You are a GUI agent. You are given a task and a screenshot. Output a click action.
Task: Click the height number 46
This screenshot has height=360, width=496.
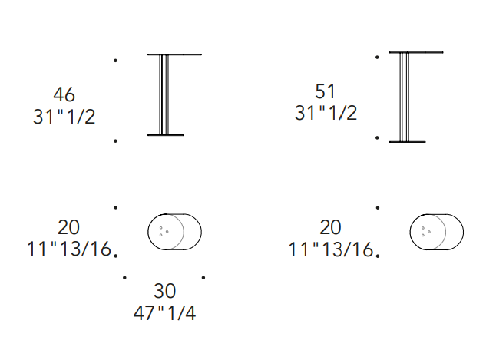point(64,94)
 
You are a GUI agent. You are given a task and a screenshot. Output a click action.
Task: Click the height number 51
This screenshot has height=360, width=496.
point(326,91)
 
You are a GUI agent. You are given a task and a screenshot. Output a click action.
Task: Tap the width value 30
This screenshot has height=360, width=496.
point(164,291)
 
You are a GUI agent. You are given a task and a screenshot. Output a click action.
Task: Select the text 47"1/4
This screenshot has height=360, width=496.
point(164,313)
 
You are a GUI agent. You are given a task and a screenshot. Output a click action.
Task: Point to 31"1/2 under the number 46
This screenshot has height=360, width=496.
point(64,116)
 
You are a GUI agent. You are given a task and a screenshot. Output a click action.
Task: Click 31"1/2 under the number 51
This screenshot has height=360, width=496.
point(326,113)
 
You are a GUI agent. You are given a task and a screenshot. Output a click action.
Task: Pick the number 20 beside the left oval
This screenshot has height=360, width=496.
point(68,227)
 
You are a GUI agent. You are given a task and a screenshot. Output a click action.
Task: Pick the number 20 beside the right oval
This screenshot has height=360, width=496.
point(330,227)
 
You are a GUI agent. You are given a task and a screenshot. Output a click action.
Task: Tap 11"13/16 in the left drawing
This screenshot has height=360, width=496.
point(69,249)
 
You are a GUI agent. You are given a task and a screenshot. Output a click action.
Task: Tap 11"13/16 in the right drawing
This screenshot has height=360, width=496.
point(331,249)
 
